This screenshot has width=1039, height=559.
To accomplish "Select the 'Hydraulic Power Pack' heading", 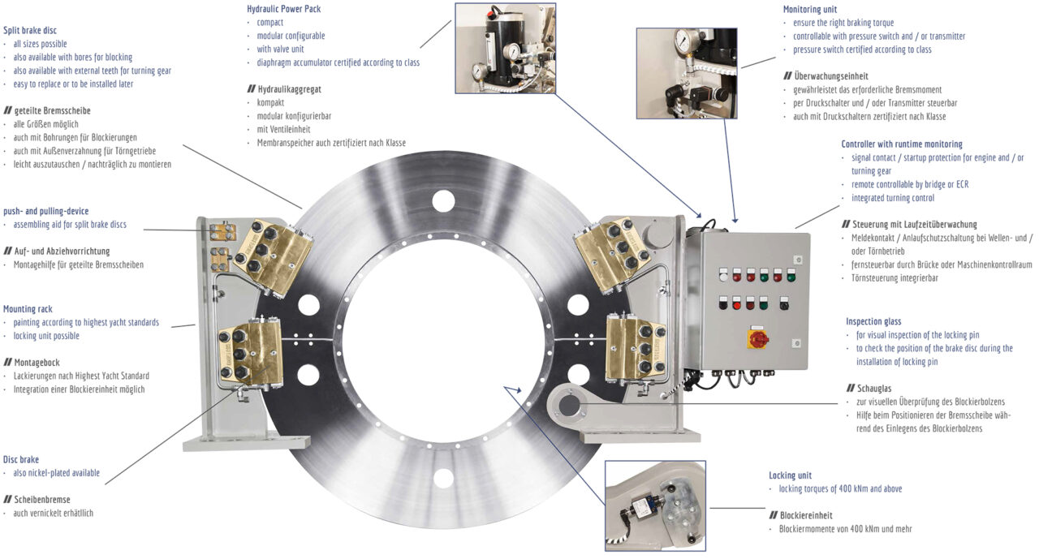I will [x=283, y=9].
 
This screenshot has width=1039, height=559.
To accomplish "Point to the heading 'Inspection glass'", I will [x=873, y=321].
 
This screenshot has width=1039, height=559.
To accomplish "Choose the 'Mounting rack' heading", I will [x=29, y=309].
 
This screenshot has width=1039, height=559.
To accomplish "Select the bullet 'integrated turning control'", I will [x=893, y=198].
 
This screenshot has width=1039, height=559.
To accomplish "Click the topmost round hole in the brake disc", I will [x=443, y=198].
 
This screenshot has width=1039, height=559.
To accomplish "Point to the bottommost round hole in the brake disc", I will [x=443, y=478].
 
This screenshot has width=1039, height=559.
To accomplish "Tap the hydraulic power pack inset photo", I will [x=505, y=48].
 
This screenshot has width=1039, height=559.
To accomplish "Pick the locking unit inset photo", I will [x=655, y=505].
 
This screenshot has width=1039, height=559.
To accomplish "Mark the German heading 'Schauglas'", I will [x=875, y=389].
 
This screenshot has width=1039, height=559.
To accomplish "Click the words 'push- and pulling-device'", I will [x=46, y=211].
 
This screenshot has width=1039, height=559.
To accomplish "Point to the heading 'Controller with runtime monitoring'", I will [x=901, y=144].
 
